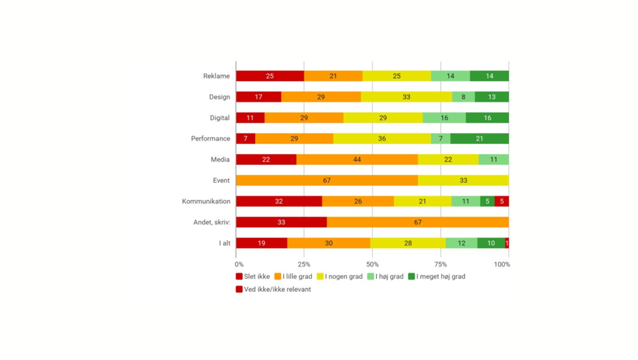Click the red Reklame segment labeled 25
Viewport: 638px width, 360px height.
[270, 76]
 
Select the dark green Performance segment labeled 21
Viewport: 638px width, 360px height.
[479, 139]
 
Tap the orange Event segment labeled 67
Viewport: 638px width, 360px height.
[327, 181]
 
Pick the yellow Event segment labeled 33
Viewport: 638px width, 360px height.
[463, 181]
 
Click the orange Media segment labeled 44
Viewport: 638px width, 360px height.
[357, 160]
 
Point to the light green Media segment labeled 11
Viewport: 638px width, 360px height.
[493, 160]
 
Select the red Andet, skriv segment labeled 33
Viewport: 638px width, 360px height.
[281, 222]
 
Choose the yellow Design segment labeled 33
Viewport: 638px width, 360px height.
[406, 97]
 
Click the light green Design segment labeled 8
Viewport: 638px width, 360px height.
[463, 97]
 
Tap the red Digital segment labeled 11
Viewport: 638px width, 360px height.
[250, 118]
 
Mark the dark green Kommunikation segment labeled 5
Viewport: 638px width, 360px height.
[487, 202]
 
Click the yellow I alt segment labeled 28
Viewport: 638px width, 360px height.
[408, 243]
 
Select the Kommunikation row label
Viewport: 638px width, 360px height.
[205, 202]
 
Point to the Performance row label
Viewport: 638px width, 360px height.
[210, 139]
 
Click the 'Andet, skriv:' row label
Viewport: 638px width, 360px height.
[212, 222]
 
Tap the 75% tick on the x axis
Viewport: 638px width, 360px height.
[441, 265]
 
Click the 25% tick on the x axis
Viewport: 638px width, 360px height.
[304, 265]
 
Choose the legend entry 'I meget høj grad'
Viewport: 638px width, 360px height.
[437, 277]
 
